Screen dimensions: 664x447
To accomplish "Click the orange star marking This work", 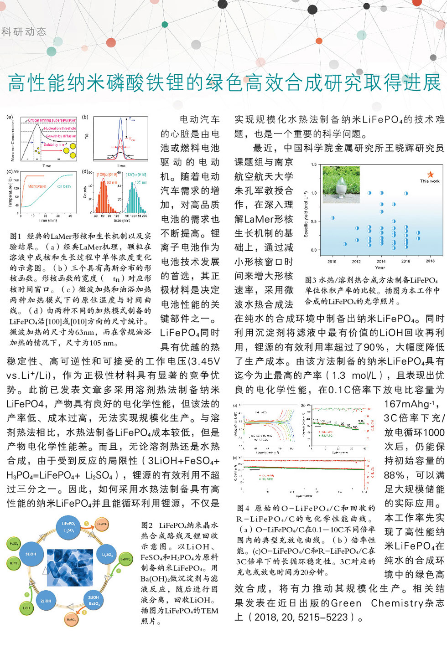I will [x=430, y=174].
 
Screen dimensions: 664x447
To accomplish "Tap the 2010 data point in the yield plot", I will [x=333, y=218].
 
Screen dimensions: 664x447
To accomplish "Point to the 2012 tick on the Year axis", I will [x=356, y=261].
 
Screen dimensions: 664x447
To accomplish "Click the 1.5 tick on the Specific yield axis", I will [x=314, y=165].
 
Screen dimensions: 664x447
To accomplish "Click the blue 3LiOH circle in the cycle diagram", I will [x=31, y=554].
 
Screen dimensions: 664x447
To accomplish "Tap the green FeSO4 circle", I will [x=14, y=544].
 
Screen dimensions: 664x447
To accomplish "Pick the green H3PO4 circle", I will [x=14, y=563].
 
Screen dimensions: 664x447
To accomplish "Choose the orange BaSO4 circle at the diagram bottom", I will [x=71, y=619].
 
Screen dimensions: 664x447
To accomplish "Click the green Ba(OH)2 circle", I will [x=125, y=559].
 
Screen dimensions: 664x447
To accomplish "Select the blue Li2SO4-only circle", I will [x=107, y=555].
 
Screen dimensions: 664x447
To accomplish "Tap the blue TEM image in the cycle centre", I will [x=70, y=568].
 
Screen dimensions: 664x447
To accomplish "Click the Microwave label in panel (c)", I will [x=37, y=186].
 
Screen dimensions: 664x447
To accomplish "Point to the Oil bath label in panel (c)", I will [x=64, y=186].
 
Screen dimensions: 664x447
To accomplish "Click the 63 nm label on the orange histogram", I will [x=112, y=182].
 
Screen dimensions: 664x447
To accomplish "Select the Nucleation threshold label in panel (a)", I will [x=60, y=129].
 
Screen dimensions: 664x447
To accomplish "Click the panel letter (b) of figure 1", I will [x=85, y=117].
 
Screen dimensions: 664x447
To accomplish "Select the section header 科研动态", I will [x=24, y=31].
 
